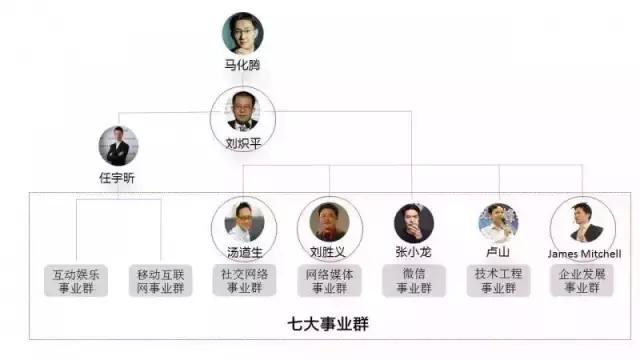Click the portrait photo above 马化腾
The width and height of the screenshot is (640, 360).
tap(243, 33)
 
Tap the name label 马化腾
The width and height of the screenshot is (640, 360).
tap(243, 65)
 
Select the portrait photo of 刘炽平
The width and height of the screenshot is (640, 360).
tap(243, 109)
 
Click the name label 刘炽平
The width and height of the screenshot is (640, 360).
tap(243, 143)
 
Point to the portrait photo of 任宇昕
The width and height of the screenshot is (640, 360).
tap(118, 146)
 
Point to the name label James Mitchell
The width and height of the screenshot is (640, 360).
tap(585, 254)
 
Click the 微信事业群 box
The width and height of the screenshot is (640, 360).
tap(413, 280)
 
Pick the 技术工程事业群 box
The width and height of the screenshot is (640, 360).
tap(497, 280)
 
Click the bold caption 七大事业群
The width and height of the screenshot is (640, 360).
tap(322, 325)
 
